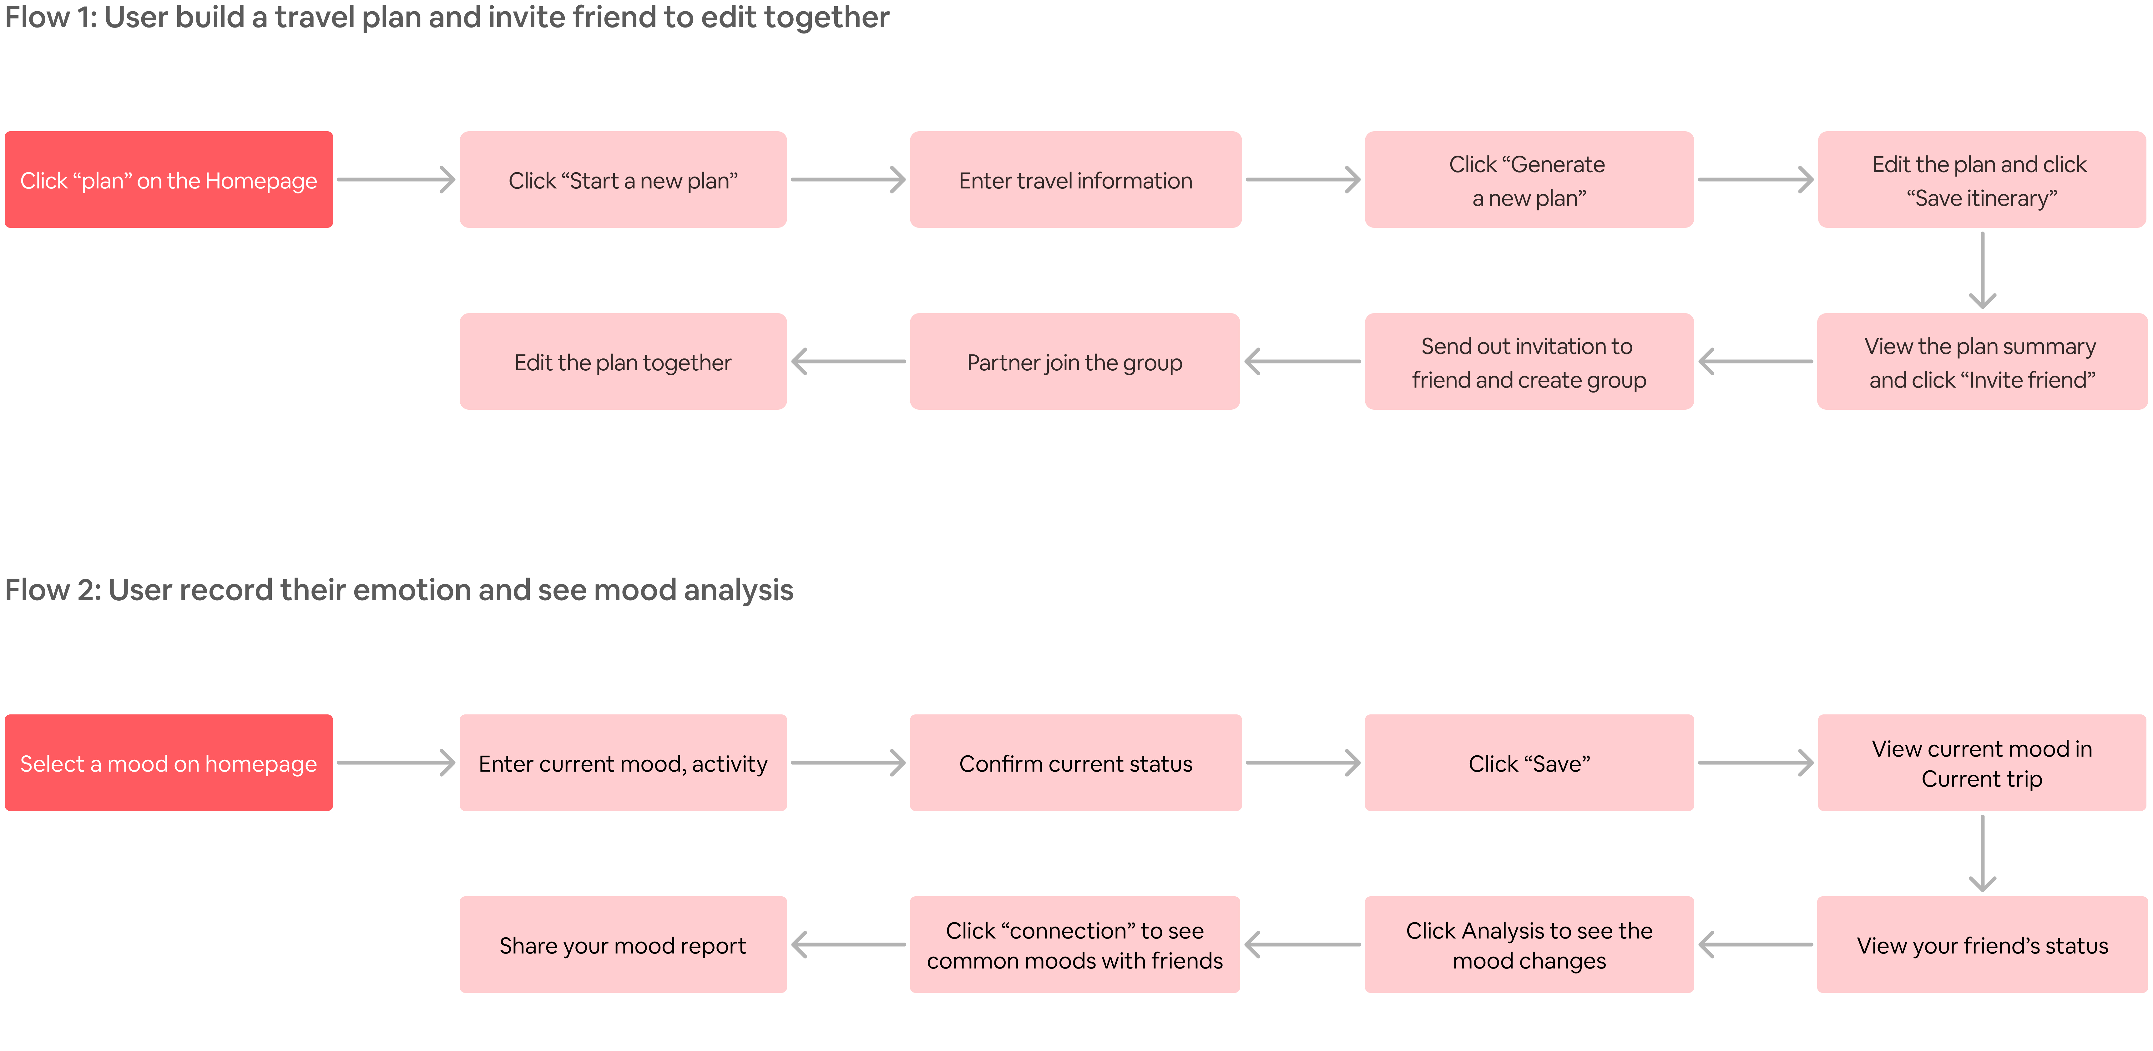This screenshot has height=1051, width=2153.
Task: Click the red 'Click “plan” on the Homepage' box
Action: [x=169, y=180]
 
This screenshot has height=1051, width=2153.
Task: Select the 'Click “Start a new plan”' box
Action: [x=623, y=180]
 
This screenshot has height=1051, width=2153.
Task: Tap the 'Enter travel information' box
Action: [x=1076, y=180]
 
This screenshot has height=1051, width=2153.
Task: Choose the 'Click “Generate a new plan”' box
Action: [x=1529, y=180]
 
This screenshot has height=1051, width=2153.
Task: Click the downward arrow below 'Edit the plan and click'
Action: [x=1983, y=270]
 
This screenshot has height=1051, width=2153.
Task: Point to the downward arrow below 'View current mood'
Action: [x=1983, y=853]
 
